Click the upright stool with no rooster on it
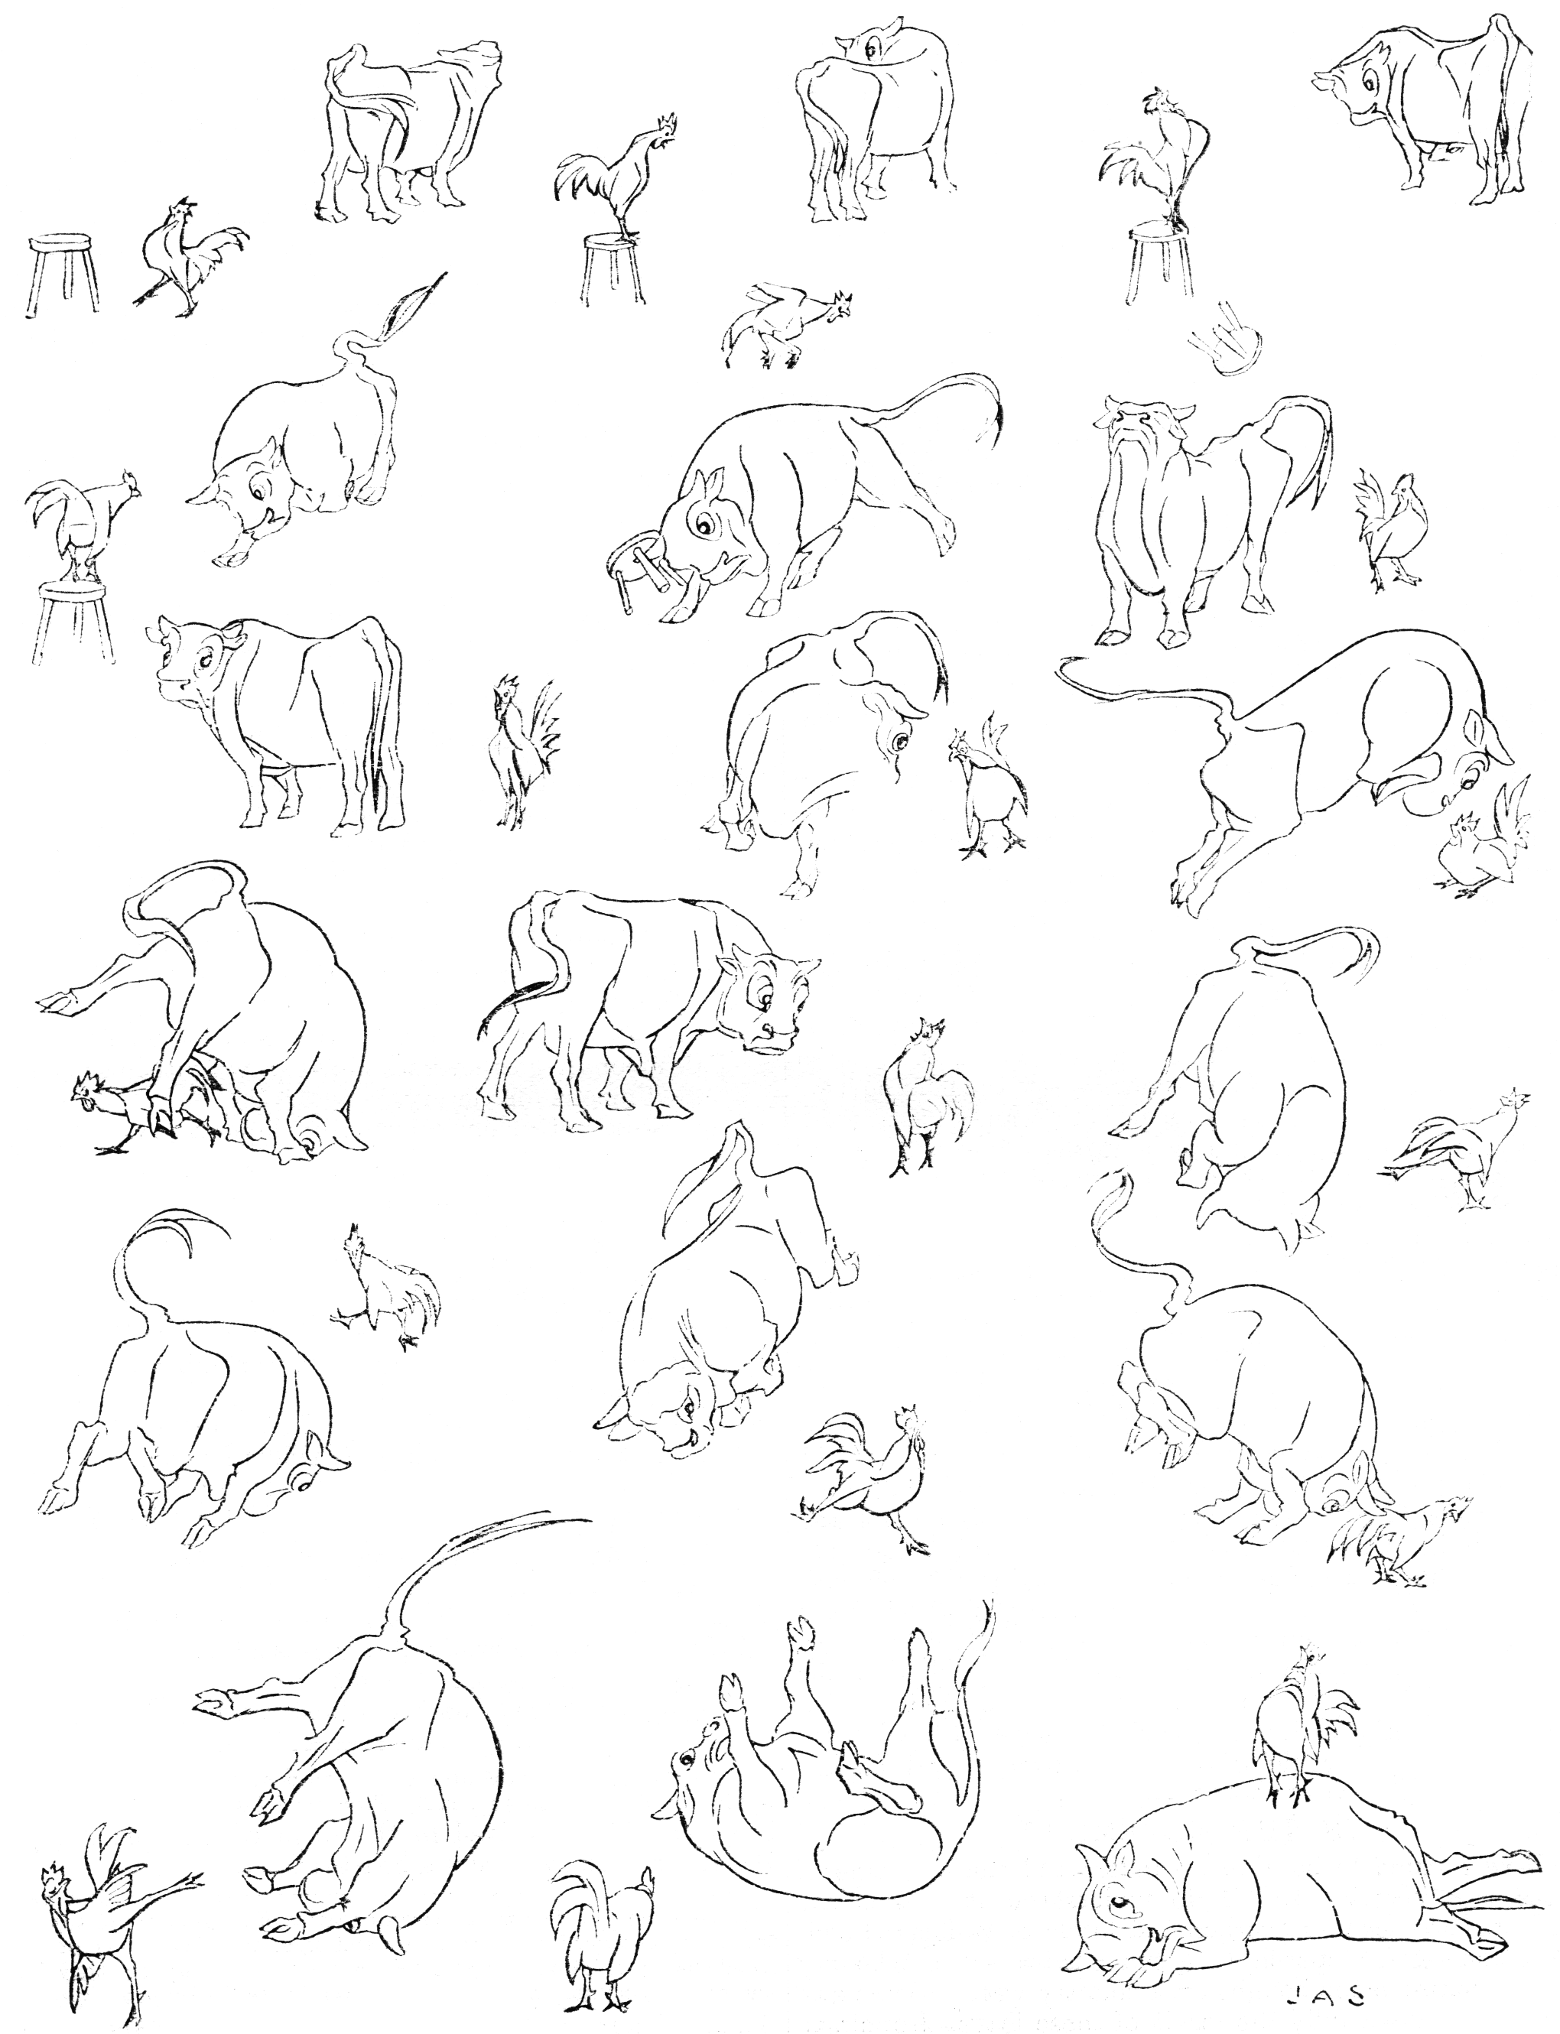(x=63, y=274)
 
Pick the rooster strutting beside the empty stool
(x=190, y=252)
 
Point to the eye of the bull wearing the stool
(x=706, y=528)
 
